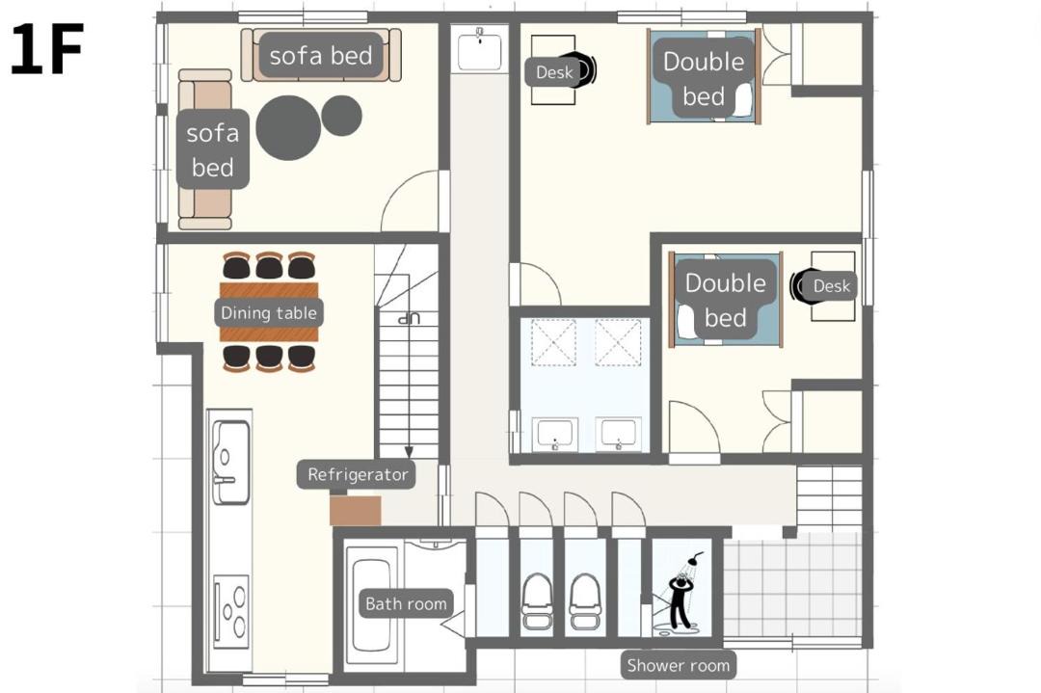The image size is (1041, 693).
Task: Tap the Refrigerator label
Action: [x=357, y=474]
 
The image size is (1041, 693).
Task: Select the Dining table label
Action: [x=268, y=312]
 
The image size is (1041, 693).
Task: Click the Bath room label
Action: [x=406, y=603]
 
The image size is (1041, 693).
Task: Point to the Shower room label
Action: [x=678, y=665]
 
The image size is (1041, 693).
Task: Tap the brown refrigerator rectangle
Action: [x=355, y=511]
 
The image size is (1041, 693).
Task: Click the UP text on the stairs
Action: [x=409, y=319]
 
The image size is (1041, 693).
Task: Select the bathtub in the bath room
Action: [x=371, y=605]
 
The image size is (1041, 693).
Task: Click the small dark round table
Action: [x=342, y=116]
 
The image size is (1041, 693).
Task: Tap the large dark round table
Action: [x=288, y=127]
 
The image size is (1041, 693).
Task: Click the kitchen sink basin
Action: [x=231, y=463]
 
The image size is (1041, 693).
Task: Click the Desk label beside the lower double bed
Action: [x=831, y=286]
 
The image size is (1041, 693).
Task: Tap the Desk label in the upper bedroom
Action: [x=553, y=72]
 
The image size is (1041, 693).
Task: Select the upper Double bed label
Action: [x=704, y=79]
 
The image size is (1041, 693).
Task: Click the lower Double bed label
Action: [x=725, y=300]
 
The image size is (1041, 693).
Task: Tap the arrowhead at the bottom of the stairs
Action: [x=409, y=453]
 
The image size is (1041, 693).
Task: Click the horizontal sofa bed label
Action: [x=321, y=56]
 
